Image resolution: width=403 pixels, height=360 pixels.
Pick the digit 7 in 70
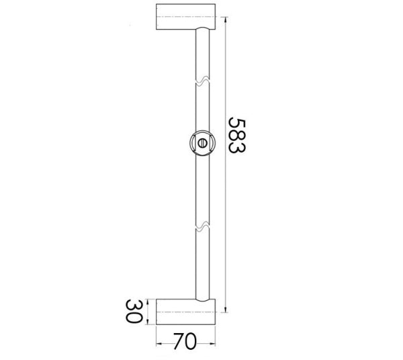(178, 342)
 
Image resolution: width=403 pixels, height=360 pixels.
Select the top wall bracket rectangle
(186, 17)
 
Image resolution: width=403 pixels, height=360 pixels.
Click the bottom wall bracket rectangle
(186, 312)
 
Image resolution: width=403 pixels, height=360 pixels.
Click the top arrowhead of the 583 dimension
(226, 8)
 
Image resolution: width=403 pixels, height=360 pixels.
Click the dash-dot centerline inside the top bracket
(186, 17)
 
